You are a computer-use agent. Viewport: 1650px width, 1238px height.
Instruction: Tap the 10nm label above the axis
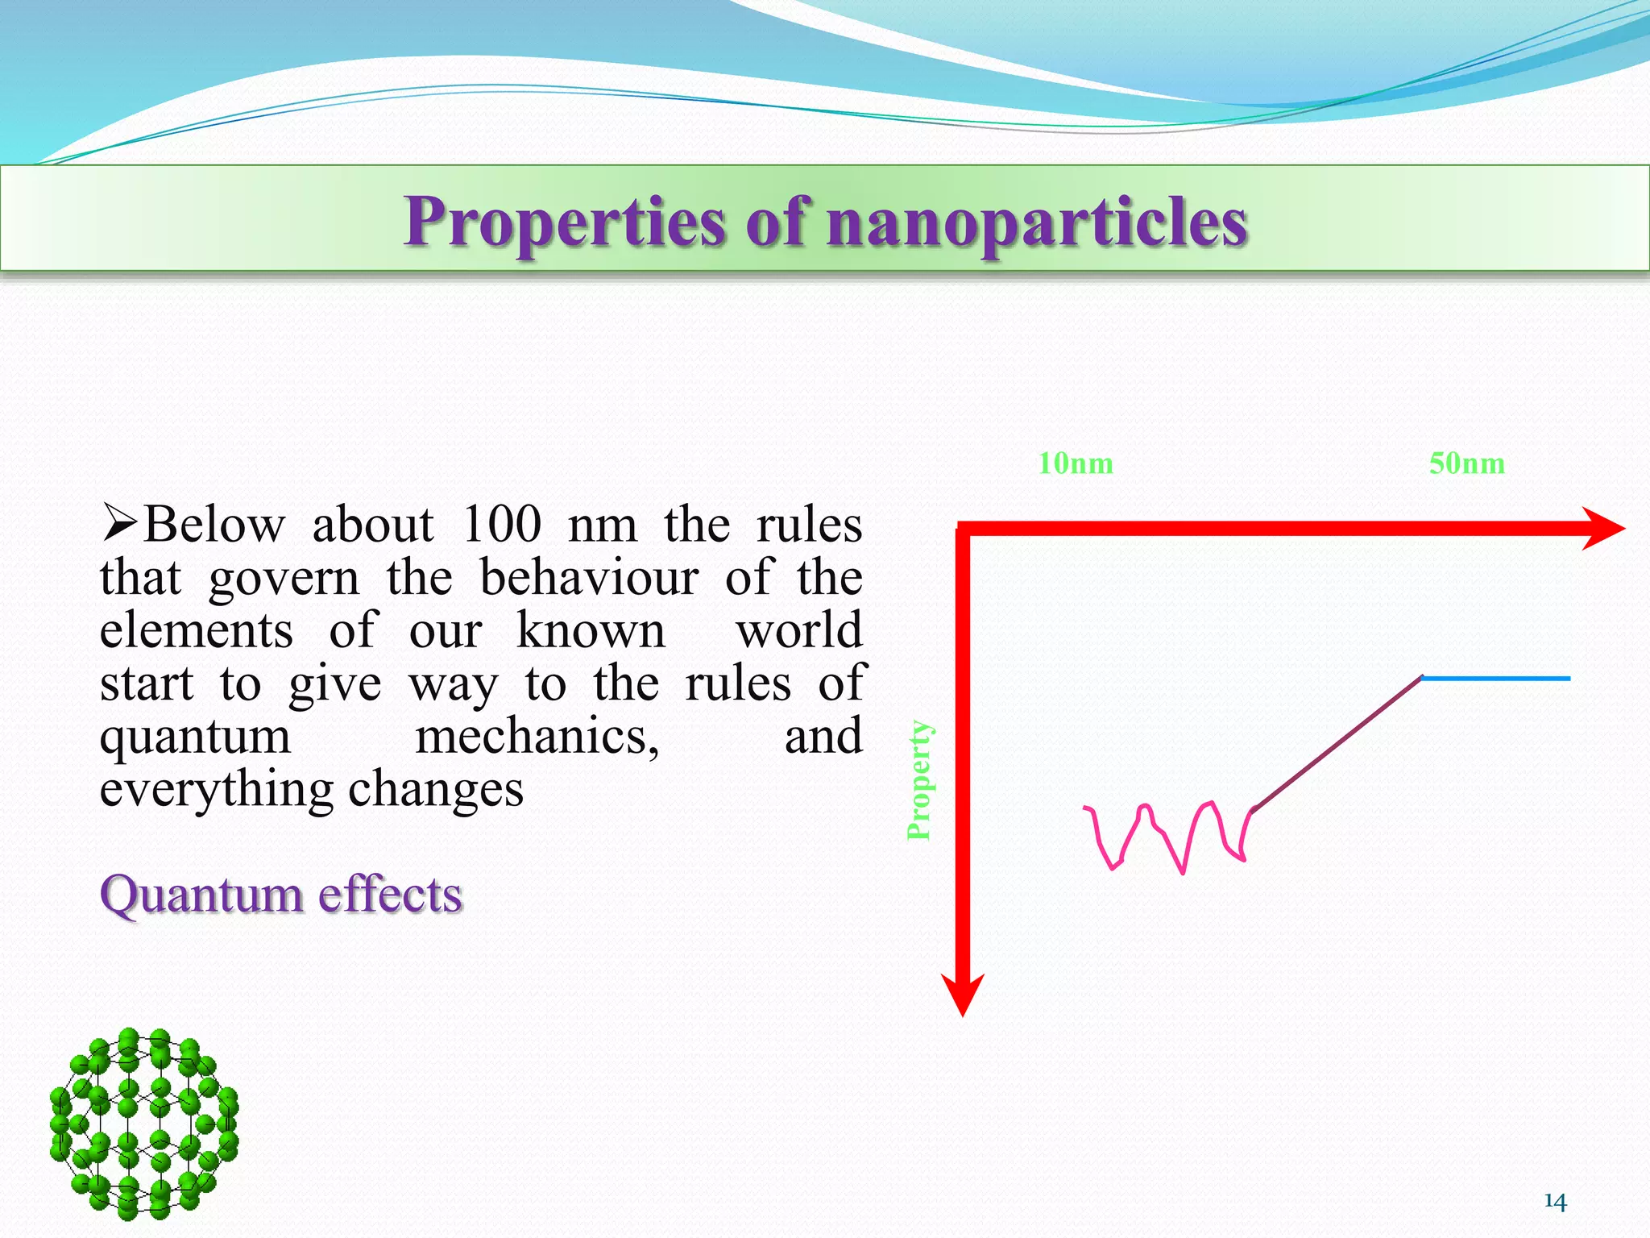coord(1075,463)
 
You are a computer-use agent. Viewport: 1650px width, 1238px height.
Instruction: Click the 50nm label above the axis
coord(1466,463)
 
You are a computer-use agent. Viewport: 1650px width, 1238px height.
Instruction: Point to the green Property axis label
coord(919,779)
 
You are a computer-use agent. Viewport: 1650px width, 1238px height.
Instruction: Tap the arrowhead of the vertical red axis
coord(964,995)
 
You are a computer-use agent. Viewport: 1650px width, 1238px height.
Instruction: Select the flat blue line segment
coord(1495,679)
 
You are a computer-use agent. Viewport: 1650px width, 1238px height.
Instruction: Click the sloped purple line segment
coord(1337,742)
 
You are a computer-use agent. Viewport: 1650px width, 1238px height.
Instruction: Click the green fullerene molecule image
coord(143,1122)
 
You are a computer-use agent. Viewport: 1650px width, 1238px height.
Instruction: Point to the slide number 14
coord(1555,1202)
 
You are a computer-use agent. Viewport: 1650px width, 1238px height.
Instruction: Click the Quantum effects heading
coord(281,895)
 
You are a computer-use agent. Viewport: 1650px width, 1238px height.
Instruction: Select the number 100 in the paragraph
coord(501,525)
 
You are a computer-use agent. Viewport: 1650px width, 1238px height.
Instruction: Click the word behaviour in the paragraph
coord(589,578)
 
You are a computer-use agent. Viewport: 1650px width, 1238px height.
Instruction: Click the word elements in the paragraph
coord(197,630)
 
